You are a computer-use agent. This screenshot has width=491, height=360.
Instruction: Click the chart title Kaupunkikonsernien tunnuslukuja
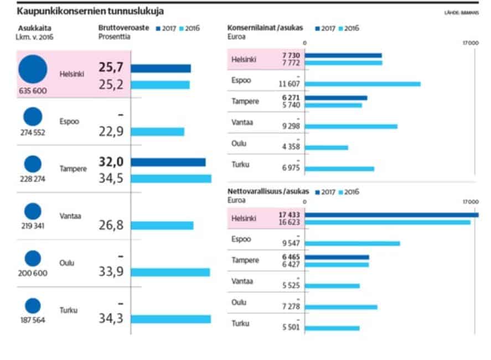point(90,11)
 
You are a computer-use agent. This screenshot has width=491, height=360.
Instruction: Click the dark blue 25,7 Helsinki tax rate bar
point(161,69)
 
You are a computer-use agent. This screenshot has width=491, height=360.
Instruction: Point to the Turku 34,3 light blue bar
point(171,319)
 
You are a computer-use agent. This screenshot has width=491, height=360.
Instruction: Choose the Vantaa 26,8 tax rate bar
point(162,225)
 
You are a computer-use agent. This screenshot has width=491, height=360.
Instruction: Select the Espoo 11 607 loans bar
point(363,84)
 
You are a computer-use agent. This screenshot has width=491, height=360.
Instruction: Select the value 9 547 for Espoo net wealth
point(290,243)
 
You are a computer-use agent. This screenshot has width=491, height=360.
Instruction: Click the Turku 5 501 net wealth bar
point(332,328)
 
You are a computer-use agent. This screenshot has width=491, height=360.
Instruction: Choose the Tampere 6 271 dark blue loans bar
point(336,98)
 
